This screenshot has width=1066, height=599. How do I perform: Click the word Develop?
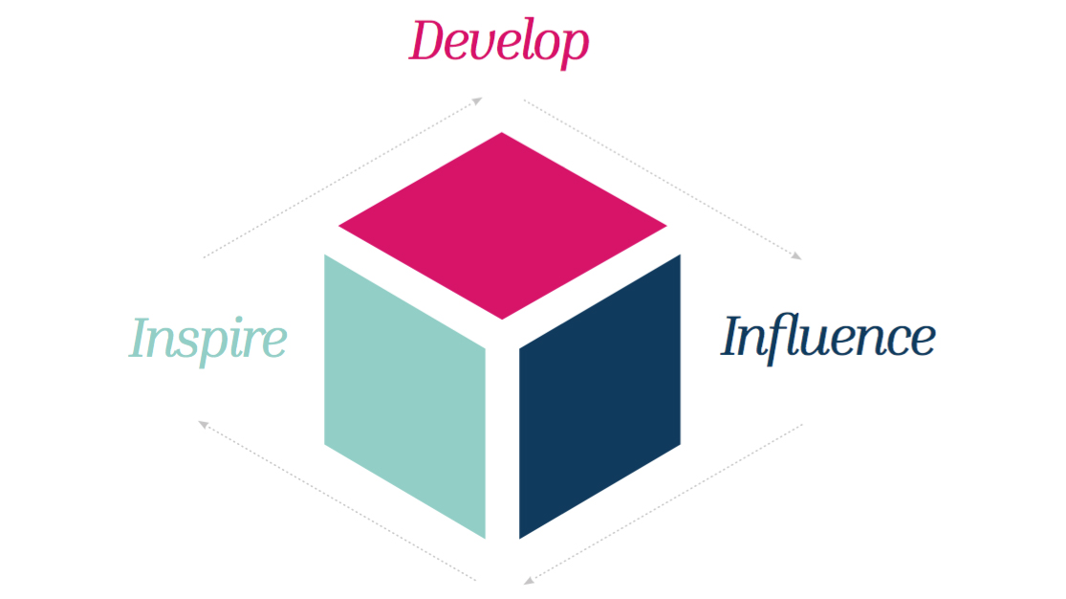pos(498,42)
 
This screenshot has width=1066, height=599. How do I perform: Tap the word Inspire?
pos(207,339)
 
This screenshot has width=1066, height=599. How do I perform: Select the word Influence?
pos(828,336)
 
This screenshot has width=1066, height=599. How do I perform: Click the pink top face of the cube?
pos(502,226)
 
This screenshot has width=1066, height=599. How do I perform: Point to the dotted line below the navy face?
pos(664,501)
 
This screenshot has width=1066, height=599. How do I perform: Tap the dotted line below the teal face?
pos(339,501)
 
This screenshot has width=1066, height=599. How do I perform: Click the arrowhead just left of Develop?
pos(477,100)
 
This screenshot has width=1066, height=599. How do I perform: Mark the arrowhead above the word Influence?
pos(795,255)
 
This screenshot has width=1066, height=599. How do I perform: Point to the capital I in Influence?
pos(737,336)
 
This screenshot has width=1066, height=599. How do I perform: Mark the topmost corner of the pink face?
pos(502,135)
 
